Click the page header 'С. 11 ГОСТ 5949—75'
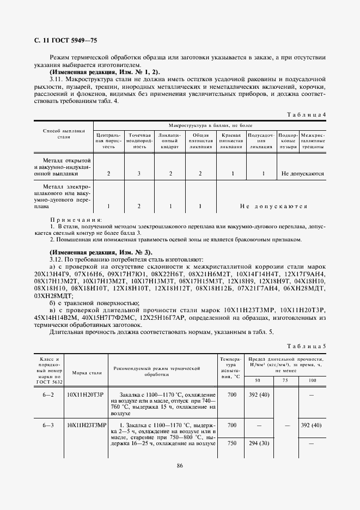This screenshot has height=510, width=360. coord(66,41)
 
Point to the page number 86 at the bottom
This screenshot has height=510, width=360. coord(179,465)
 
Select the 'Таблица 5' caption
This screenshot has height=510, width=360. coord(306,345)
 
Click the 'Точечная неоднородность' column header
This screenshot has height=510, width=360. coord(139,140)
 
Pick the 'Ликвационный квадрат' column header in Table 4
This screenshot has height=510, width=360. coord(170,140)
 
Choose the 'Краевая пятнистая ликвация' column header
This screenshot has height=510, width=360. coord(233,140)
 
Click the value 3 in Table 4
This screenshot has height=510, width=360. coord(139,173)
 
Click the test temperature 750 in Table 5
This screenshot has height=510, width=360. coord(232,444)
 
